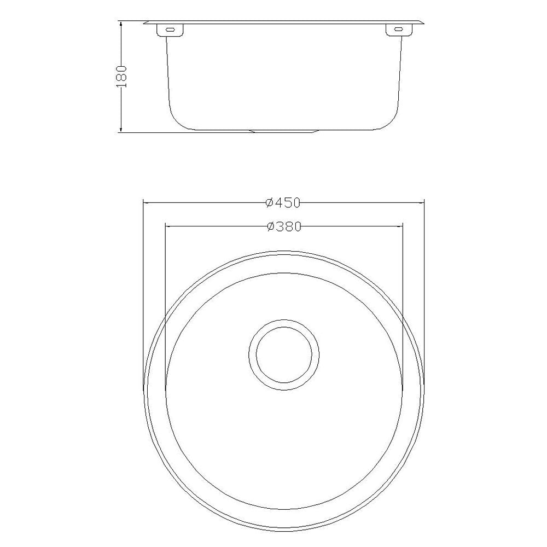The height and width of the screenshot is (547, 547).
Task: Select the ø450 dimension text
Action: click(283, 203)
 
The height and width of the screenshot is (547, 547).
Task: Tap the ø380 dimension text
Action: click(283, 226)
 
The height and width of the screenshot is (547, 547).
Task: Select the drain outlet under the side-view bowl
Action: click(283, 131)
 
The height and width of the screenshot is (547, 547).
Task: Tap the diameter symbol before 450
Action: click(269, 203)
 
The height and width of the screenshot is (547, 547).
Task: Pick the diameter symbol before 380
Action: click(269, 226)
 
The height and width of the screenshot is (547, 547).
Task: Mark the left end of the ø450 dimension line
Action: click(143, 203)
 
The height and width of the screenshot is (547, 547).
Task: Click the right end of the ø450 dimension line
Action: click(424, 203)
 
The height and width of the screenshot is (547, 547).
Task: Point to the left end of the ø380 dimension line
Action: click(165, 225)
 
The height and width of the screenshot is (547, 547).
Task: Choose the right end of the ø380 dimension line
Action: click(403, 225)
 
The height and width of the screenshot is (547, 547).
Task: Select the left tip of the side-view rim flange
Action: click(144, 23)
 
